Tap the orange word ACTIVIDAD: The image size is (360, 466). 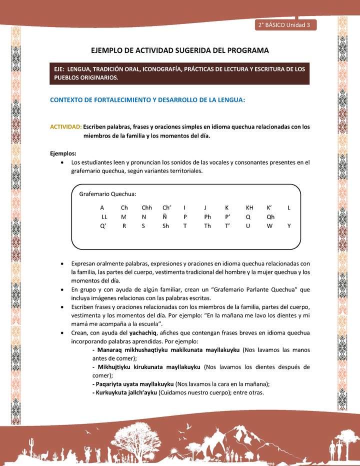66,127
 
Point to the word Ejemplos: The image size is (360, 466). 63,153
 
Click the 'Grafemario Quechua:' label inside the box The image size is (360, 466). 108,194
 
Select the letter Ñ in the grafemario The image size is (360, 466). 164,216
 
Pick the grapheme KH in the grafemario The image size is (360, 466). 249,207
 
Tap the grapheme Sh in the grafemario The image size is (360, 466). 165,226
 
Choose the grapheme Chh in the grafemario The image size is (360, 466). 146,207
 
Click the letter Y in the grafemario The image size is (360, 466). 289,226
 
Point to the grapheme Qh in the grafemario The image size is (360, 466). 270,216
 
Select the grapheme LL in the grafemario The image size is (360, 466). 104,216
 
